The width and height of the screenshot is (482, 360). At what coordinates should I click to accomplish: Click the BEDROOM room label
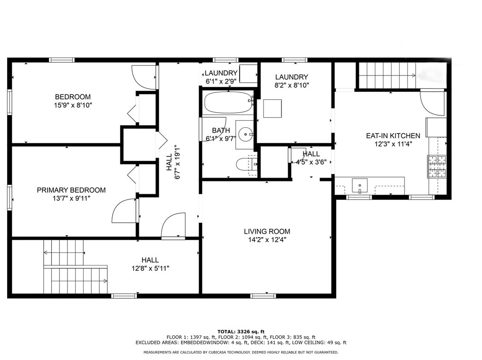pos(73,97)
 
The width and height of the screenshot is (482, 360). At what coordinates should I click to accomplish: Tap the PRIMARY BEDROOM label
pos(71,190)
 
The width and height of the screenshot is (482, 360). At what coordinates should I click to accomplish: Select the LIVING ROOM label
pos(267,231)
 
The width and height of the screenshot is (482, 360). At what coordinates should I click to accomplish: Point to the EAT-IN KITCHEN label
pos(393,135)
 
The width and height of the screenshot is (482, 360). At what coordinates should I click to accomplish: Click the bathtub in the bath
pos(228,102)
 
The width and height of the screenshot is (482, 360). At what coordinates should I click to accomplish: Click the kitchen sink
pos(360,186)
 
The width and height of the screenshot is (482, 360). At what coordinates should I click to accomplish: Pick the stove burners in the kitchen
pos(437,167)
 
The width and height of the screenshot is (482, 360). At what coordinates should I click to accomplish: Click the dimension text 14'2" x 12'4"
pos(267,240)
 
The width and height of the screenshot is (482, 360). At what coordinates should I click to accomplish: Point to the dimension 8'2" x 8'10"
pos(291,85)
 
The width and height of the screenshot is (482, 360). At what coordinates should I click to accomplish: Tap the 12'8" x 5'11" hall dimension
pos(150,268)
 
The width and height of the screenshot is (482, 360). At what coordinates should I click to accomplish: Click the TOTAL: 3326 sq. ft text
pos(241,332)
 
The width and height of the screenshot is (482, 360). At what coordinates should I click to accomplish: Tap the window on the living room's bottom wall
pos(263,296)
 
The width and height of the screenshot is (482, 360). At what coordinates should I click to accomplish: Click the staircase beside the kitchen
pos(387,75)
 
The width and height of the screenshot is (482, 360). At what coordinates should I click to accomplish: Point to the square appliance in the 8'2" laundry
pos(272,108)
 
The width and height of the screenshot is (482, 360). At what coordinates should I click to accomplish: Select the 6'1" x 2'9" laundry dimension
pos(221,81)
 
